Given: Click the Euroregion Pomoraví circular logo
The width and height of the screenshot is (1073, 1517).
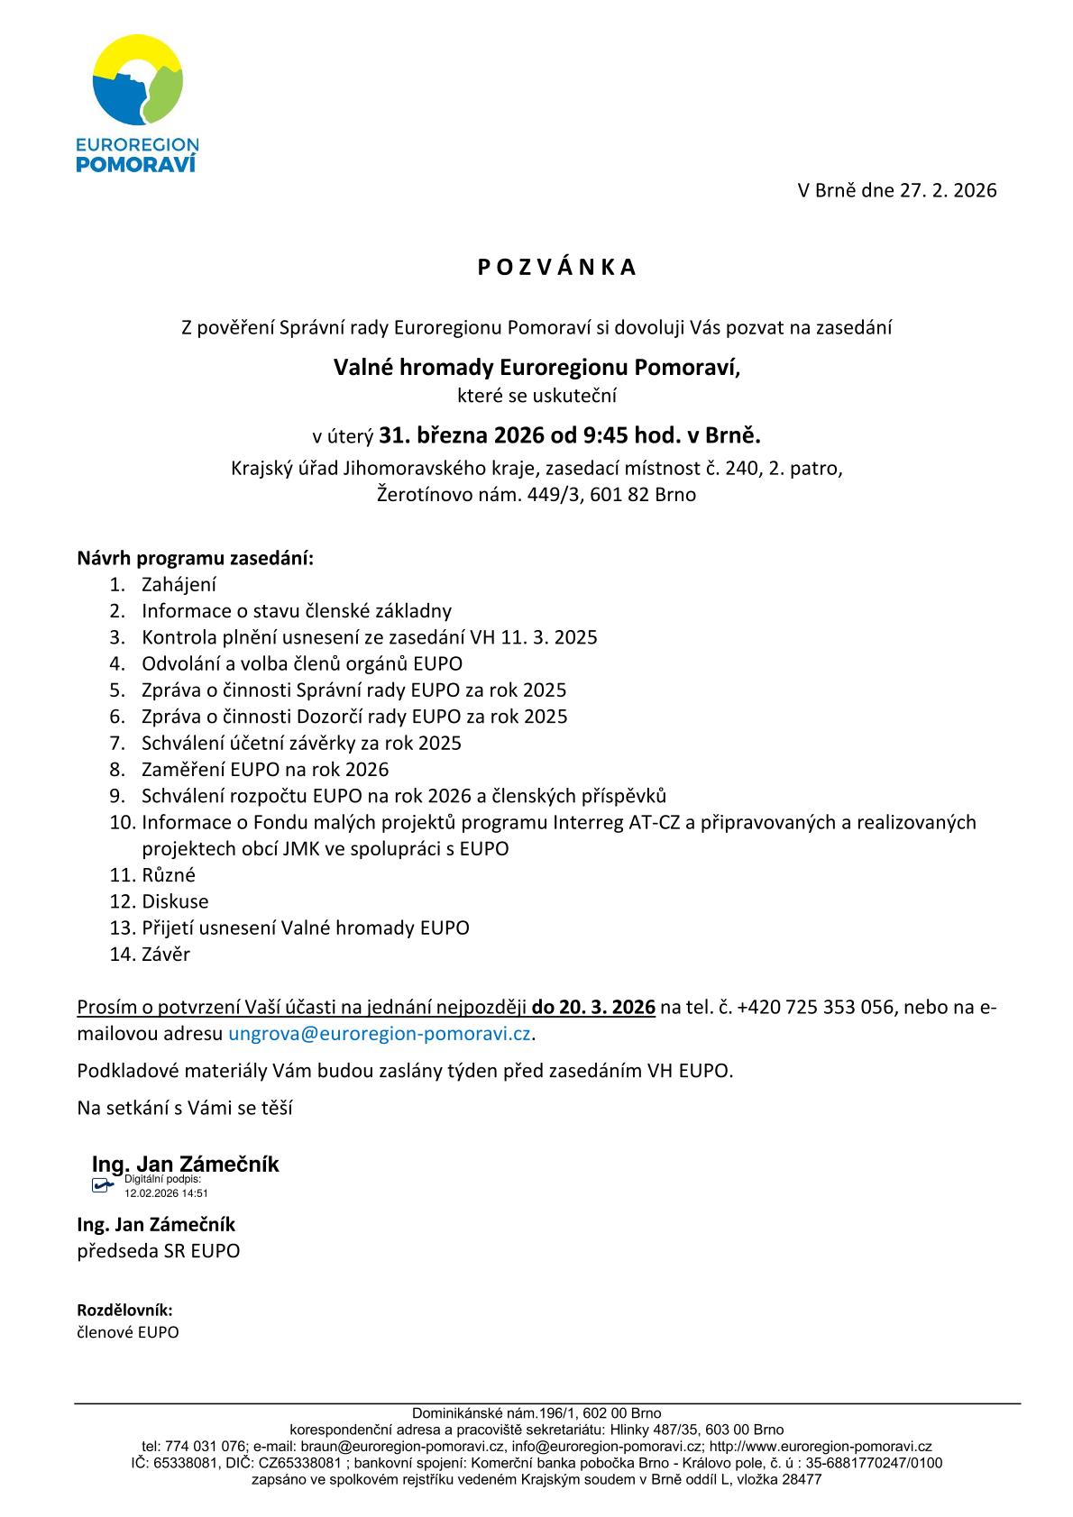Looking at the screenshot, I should tap(137, 81).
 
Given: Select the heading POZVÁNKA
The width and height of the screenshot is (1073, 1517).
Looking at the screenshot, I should tap(556, 267).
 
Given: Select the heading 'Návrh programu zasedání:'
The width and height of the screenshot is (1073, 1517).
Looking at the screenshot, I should tap(196, 558).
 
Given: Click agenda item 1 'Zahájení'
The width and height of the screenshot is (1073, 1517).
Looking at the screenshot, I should tap(179, 584).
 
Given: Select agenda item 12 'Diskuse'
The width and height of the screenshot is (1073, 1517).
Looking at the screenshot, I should tap(175, 901).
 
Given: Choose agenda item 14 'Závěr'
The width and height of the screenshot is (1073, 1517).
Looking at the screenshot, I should tap(166, 954).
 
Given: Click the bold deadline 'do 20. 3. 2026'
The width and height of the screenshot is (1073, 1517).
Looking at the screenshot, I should tap(593, 1007).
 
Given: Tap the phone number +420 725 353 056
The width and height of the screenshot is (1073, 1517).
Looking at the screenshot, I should tap(815, 1007).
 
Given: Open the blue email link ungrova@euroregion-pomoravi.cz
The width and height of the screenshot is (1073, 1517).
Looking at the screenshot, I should tap(380, 1033).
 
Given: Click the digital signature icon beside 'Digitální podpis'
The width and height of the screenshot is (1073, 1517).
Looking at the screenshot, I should tap(103, 1185).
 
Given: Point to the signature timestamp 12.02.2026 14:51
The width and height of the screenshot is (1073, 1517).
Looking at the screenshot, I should tap(166, 1193).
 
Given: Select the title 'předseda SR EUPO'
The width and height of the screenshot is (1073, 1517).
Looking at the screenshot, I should tap(159, 1251).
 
